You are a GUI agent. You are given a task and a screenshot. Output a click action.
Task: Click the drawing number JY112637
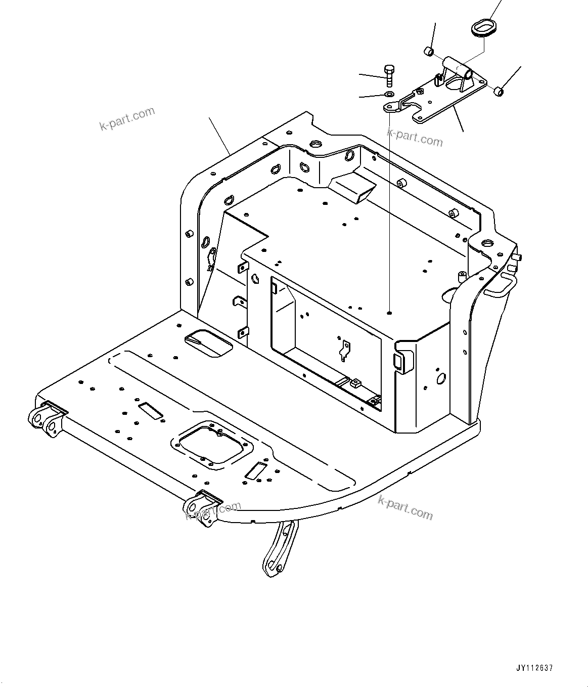(x=535, y=668)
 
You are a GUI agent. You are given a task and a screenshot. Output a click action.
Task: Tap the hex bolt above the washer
(x=389, y=76)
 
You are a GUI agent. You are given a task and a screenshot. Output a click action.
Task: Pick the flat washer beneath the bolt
(x=389, y=95)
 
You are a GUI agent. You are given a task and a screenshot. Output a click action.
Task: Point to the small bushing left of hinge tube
(x=428, y=51)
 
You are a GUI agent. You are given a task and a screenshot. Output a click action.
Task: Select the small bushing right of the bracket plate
(x=499, y=92)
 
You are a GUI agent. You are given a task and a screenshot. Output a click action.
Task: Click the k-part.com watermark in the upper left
(x=127, y=118)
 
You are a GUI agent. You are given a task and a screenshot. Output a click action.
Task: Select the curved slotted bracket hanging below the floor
(x=279, y=549)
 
